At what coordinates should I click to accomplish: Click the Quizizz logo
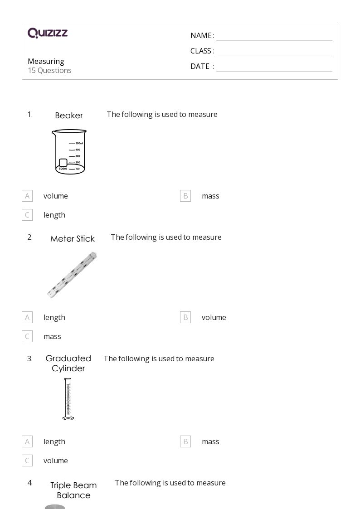(48, 33)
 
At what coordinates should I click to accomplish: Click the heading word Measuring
(46, 61)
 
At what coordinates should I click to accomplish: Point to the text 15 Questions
(49, 70)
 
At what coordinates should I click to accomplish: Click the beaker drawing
(69, 152)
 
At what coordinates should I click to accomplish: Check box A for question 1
(27, 196)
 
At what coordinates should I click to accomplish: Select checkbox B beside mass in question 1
(185, 196)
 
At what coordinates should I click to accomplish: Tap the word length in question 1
(54, 215)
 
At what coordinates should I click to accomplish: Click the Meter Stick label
(73, 239)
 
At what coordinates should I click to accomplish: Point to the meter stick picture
(72, 275)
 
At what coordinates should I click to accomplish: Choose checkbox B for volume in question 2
(185, 317)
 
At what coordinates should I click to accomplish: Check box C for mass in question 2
(27, 336)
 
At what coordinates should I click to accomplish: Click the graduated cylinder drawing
(68, 399)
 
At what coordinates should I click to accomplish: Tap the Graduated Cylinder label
(68, 364)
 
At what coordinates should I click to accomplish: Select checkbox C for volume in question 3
(27, 461)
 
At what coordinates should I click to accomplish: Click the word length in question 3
(54, 441)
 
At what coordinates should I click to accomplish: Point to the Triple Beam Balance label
(73, 490)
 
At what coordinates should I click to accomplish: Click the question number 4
(30, 483)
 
